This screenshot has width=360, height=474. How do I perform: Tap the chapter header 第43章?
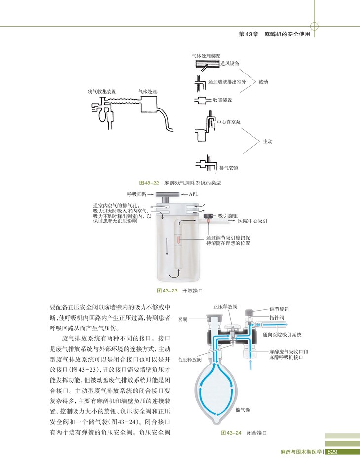pos(249,35)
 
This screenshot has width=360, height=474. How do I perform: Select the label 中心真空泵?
pos(228,120)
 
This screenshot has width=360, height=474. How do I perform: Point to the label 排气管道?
pos(229,168)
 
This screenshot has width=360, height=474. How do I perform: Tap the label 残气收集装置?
pos(102,92)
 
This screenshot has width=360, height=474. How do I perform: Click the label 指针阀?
pos(276,318)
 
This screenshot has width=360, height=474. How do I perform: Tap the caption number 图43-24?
pos(230,433)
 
